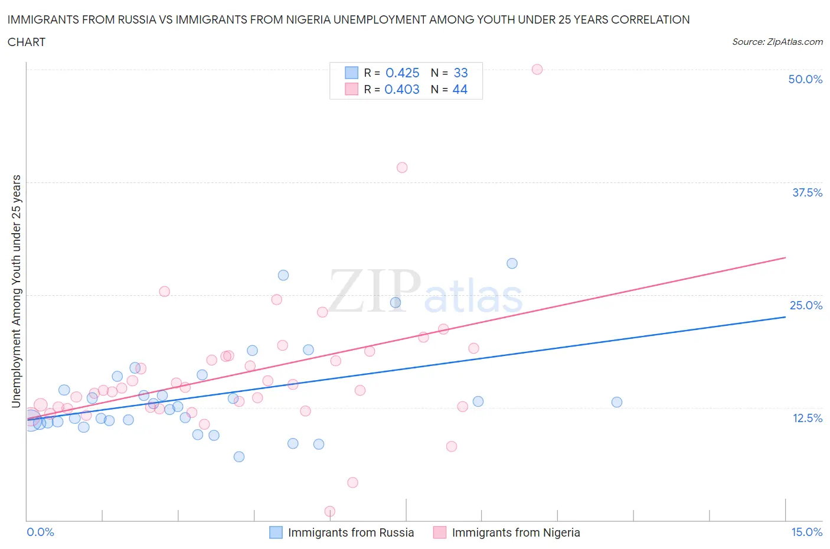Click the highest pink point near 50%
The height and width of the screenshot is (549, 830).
pos(537,69)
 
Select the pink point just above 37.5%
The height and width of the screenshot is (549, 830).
pos(402,168)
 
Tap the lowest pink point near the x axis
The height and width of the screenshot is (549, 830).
pos(330,511)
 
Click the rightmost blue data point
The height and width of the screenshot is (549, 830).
pos(617,402)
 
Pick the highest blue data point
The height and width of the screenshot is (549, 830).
pos(512,263)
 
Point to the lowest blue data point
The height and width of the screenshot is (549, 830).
pos(239,456)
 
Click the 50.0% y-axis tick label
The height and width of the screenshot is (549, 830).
pos(805,79)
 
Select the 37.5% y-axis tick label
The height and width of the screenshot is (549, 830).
pos(807,192)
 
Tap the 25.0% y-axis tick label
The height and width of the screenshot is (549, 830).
pos(806,305)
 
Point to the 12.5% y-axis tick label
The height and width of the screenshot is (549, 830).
pos(807,418)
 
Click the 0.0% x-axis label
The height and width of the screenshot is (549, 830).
pos(41,532)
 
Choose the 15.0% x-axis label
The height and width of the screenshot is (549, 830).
pos(806,532)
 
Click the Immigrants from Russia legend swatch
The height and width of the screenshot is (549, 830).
pos(276,532)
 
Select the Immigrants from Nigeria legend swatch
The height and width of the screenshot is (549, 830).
pos(440,532)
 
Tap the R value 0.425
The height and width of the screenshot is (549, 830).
pos(402,73)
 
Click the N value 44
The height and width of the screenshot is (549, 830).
pos(460,89)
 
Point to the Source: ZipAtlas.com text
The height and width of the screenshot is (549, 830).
pos(777,42)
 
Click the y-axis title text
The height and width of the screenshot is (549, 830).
pos(17,292)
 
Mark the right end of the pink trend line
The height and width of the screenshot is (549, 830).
pos(785,257)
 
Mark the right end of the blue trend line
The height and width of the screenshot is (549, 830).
pos(785,317)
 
